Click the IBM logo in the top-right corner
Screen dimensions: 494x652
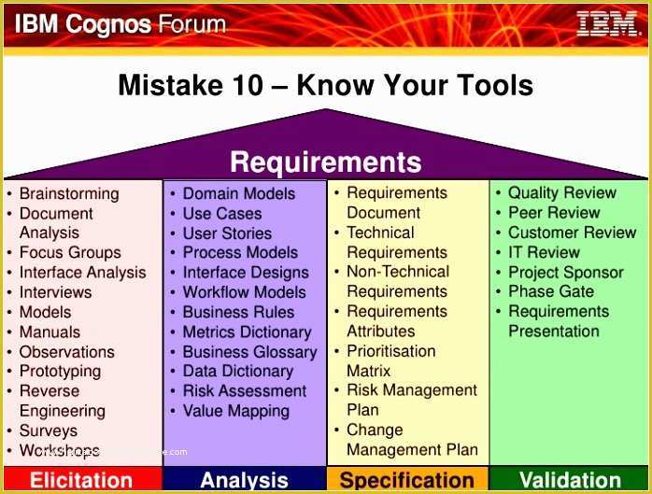(x=607, y=23)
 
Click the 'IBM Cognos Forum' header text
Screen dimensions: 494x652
(x=120, y=23)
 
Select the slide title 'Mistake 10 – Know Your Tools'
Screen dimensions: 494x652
(x=325, y=86)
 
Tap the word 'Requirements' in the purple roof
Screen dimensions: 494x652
(x=325, y=162)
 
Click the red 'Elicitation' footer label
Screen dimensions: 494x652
(x=81, y=481)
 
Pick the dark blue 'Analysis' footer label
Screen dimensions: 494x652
(x=244, y=481)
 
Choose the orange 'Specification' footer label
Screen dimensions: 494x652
(x=406, y=481)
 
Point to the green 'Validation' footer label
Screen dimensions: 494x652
(x=570, y=481)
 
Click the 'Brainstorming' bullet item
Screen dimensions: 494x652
(x=69, y=193)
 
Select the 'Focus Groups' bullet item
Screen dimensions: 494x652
(x=70, y=252)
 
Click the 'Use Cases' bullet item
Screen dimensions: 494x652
(x=222, y=214)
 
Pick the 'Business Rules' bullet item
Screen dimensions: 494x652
(x=238, y=312)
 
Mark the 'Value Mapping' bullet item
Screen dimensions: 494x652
(x=235, y=411)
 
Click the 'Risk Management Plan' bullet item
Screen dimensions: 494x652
(x=411, y=400)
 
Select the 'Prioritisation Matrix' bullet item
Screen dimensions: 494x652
(x=390, y=360)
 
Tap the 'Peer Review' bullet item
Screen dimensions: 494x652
(x=554, y=213)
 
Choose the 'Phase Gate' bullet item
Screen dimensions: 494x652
(x=551, y=291)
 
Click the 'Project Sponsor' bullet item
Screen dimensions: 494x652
(x=565, y=272)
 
